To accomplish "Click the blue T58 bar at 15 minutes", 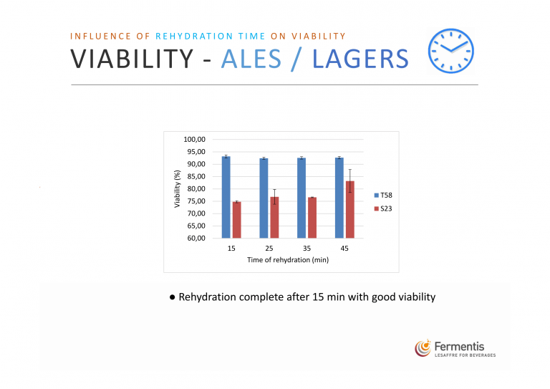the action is (226, 197).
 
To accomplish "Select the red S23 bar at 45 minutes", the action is (350, 210).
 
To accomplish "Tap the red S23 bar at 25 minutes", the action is (274, 218).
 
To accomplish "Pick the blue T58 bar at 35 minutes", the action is (301, 198).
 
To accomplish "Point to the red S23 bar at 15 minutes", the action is (237, 220).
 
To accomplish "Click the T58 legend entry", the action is (383, 196).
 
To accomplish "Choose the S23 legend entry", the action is (383, 208).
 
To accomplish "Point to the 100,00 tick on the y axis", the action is (194, 139).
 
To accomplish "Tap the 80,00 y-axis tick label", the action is (196, 188).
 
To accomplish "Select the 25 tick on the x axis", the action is (269, 249).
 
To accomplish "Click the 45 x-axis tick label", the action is (344, 249).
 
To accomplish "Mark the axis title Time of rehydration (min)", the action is (288, 260).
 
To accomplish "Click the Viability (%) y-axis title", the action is (177, 188).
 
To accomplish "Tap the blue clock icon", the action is (450, 51).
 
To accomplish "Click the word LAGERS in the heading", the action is (360, 59).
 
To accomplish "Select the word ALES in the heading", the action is (251, 59).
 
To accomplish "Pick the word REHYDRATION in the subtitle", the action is (194, 36).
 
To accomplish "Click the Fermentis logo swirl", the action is (423, 348).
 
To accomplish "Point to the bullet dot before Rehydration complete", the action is (172, 297).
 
